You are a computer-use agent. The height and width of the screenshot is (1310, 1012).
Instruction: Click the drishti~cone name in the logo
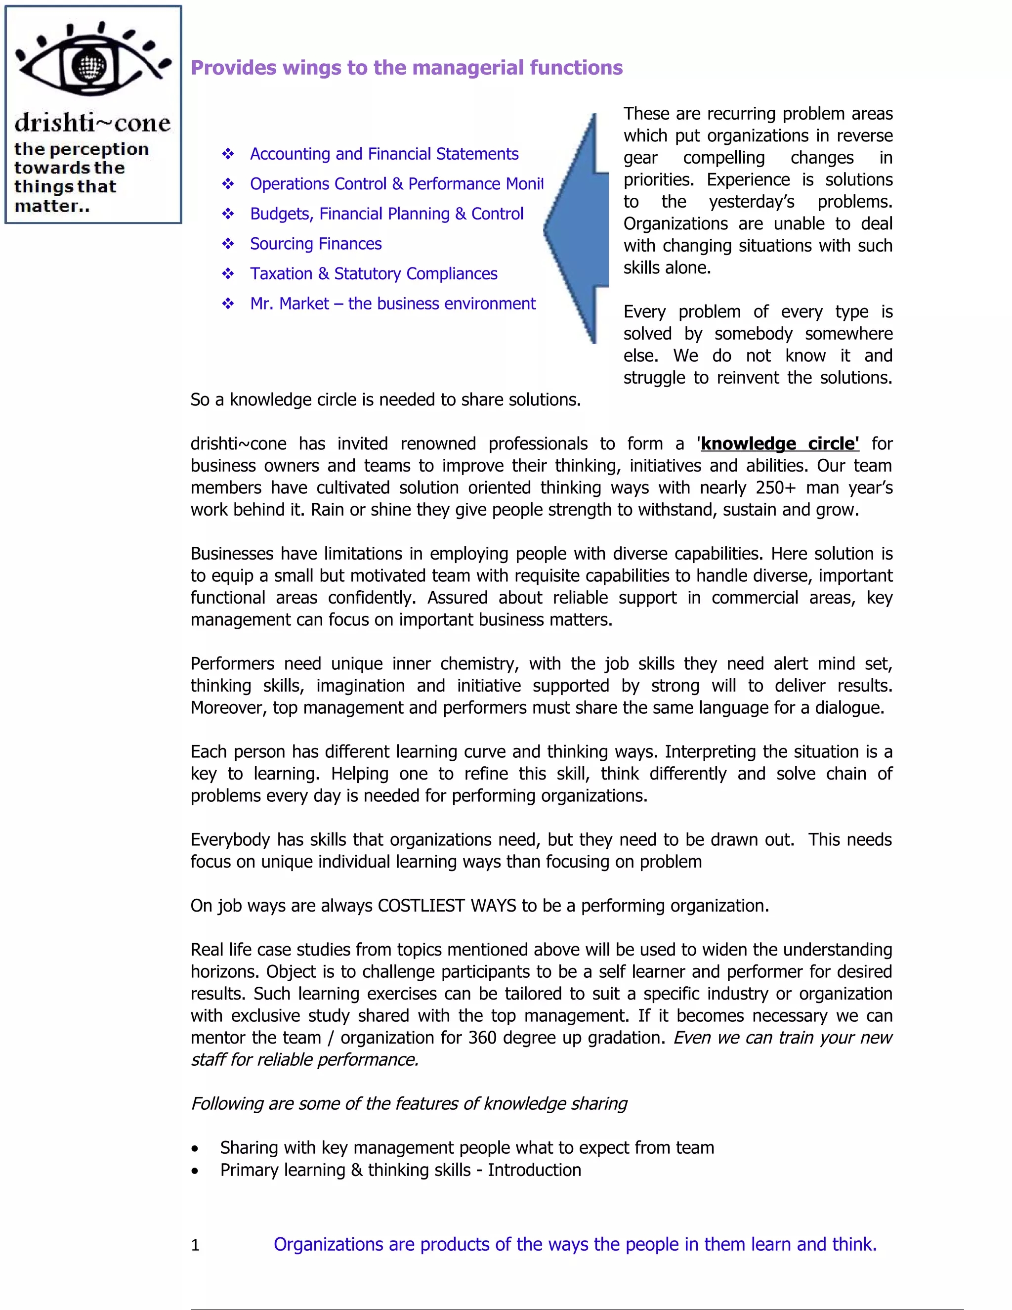click(x=92, y=123)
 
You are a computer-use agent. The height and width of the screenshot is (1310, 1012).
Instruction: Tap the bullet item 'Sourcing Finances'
click(x=315, y=244)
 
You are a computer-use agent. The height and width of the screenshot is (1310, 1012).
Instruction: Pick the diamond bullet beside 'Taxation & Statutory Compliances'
click(x=228, y=274)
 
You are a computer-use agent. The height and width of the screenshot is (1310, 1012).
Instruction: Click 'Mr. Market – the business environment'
click(x=393, y=304)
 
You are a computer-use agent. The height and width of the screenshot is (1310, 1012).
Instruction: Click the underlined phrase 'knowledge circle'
click(x=779, y=443)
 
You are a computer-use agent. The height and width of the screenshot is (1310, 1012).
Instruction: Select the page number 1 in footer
click(x=195, y=1245)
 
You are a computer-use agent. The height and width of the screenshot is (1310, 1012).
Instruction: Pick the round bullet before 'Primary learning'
click(x=195, y=1171)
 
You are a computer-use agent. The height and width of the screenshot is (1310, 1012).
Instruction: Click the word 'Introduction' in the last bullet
click(x=534, y=1170)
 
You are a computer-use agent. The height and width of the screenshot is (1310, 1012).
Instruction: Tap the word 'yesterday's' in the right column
click(x=751, y=202)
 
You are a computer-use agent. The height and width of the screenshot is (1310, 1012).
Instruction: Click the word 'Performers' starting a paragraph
click(x=232, y=663)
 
